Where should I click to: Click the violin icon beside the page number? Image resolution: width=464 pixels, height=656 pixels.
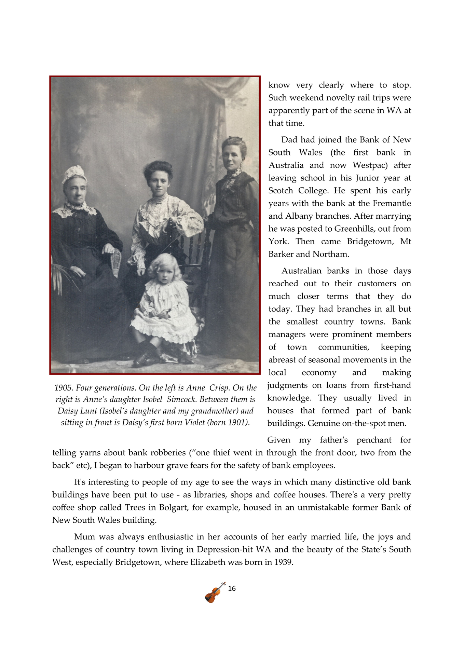215,592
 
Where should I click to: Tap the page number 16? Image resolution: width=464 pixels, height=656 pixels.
232,589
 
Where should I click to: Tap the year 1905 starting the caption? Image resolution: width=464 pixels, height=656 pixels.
64,388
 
